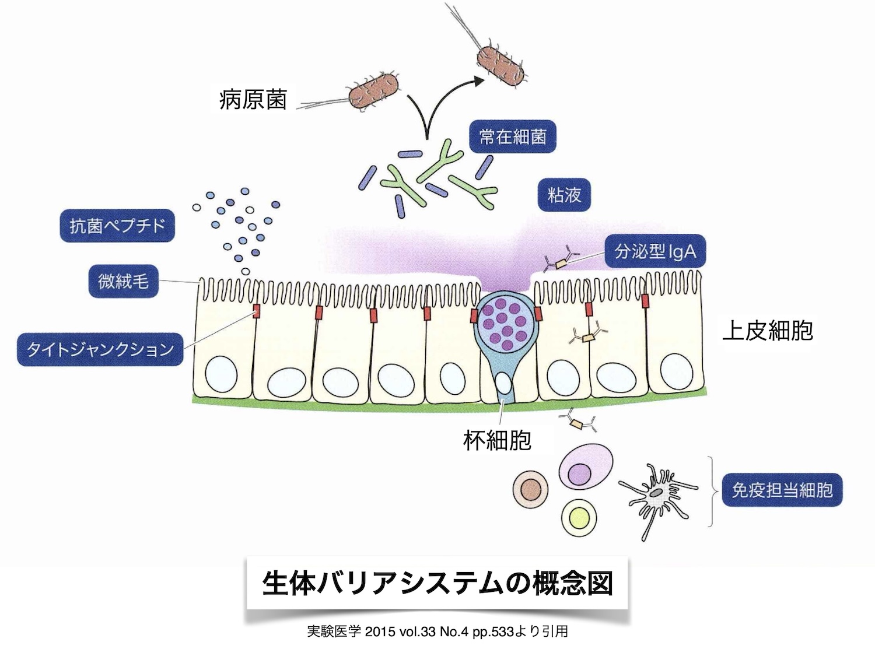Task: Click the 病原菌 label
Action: pos(253,100)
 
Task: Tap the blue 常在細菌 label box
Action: pos(512,137)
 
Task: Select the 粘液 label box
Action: pos(564,195)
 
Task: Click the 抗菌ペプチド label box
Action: pos(117,226)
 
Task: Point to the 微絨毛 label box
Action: pos(123,282)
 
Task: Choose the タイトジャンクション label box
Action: pos(100,349)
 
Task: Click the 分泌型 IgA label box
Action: pos(655,251)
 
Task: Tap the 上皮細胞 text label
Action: pos(767,331)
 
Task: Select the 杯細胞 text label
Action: pos(497,440)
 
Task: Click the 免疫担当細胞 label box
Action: pos(782,490)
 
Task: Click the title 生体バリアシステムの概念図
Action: pos(437,583)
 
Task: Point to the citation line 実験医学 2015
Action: pos(437,632)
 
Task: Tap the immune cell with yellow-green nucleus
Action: pos(580,517)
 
